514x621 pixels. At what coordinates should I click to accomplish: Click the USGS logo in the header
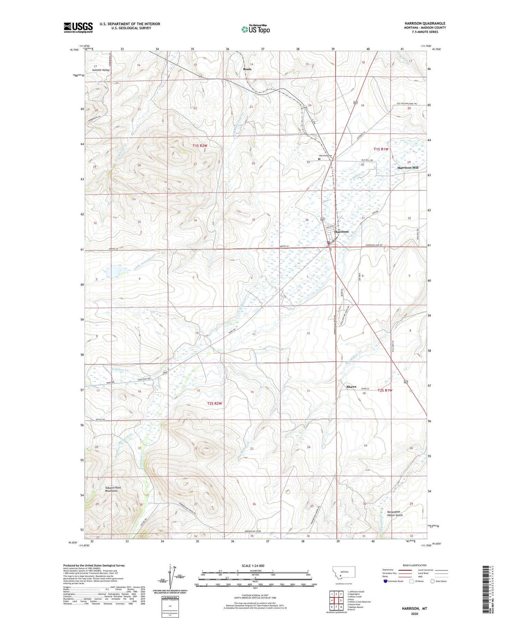(78, 27)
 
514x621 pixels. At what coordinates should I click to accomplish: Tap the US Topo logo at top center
(255, 29)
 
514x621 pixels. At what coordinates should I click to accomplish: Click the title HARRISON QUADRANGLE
(425, 23)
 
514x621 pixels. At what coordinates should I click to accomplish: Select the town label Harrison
(341, 232)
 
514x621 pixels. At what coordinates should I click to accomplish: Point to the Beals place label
(247, 69)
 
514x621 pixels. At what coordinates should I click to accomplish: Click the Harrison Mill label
(408, 168)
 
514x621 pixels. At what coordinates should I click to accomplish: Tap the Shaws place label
(351, 387)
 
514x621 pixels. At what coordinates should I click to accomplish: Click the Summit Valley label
(101, 70)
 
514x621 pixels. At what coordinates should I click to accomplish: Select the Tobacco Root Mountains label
(113, 489)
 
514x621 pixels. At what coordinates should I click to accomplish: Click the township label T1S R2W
(200, 146)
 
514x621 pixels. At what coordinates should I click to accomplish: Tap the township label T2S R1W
(385, 390)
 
